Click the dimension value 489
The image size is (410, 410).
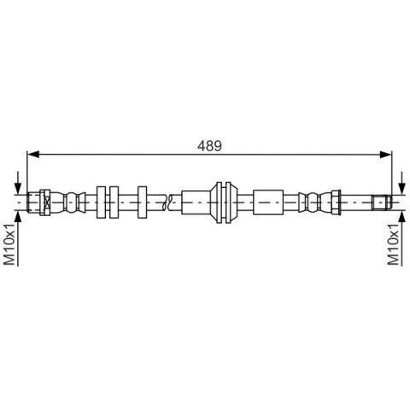click(209, 146)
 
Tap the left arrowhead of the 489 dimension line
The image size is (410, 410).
click(32, 155)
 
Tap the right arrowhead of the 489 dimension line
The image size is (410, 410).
click(386, 155)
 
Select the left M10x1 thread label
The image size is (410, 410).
click(9, 244)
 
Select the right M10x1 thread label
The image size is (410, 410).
click(394, 244)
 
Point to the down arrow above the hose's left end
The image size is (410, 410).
click(18, 183)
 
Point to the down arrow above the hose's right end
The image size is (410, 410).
click(402, 183)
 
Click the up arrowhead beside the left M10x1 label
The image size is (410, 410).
click(18, 217)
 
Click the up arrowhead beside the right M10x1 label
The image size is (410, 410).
click(402, 217)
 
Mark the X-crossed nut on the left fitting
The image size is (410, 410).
click(45, 202)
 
